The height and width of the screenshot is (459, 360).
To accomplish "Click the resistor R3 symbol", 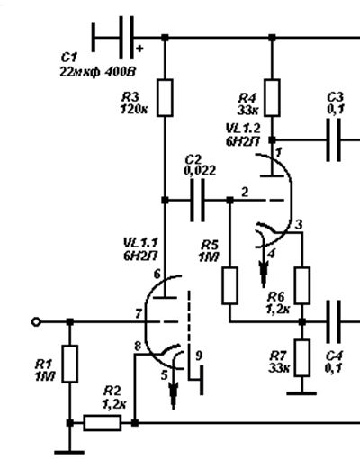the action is [x=165, y=98].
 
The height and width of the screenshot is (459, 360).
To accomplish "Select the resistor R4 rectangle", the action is [x=272, y=98].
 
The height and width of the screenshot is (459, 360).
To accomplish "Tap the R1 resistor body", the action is [x=70, y=364].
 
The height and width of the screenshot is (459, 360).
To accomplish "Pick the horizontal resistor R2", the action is [x=103, y=423].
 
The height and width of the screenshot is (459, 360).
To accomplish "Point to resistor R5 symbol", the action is [x=230, y=285].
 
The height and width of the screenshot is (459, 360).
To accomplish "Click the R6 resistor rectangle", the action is [x=302, y=285].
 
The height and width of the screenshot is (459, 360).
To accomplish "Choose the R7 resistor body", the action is [x=302, y=357].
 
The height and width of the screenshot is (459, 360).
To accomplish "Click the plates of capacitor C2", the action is [x=198, y=200].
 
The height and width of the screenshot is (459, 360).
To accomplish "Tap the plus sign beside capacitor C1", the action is [x=139, y=49].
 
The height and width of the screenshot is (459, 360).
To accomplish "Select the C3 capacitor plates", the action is [x=334, y=140].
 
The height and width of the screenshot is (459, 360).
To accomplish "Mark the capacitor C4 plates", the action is [x=334, y=322].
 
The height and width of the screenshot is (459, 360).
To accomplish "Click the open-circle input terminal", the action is [x=36, y=322].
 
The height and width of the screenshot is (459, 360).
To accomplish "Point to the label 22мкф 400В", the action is [x=98, y=72].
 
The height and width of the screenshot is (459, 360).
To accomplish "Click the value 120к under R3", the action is [x=134, y=110].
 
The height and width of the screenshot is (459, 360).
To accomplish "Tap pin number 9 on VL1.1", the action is [x=199, y=355].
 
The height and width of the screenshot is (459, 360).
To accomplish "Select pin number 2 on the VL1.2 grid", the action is [x=245, y=193].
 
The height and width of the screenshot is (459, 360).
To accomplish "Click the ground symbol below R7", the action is [x=301, y=393].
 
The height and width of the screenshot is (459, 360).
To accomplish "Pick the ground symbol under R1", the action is [x=69, y=452].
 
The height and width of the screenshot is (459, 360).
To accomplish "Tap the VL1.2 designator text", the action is [x=243, y=129].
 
